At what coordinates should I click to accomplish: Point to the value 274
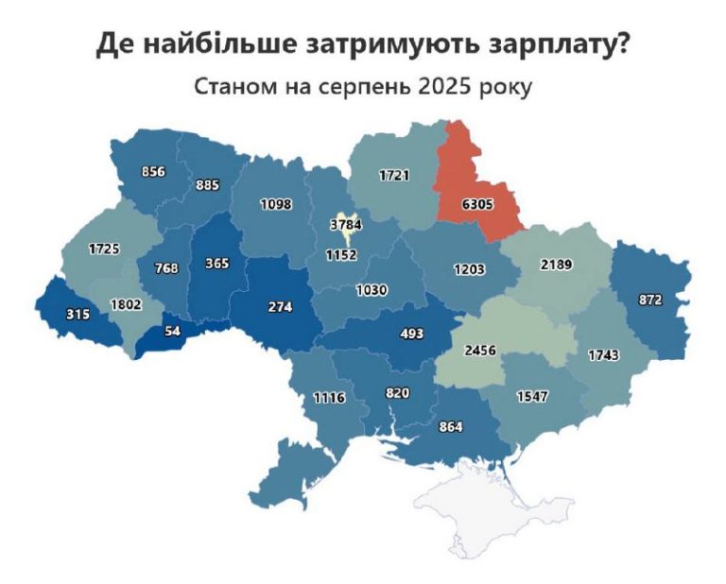pyautogui.click(x=279, y=307)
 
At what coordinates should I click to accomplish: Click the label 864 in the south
pyautogui.click(x=451, y=427)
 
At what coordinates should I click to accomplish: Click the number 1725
pyautogui.click(x=105, y=249)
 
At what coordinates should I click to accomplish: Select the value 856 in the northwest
pyautogui.click(x=153, y=172)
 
